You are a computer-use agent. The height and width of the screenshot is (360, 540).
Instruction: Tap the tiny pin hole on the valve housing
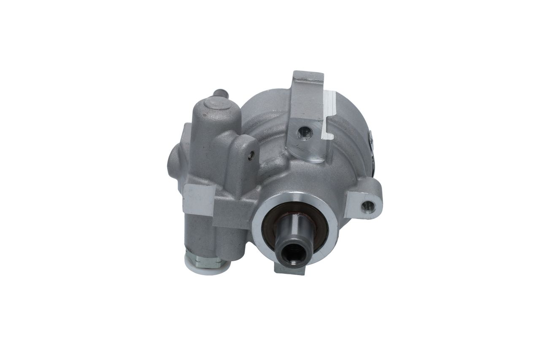(x=251, y=155)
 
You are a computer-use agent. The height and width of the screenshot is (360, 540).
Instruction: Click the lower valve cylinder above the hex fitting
(x=202, y=234)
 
